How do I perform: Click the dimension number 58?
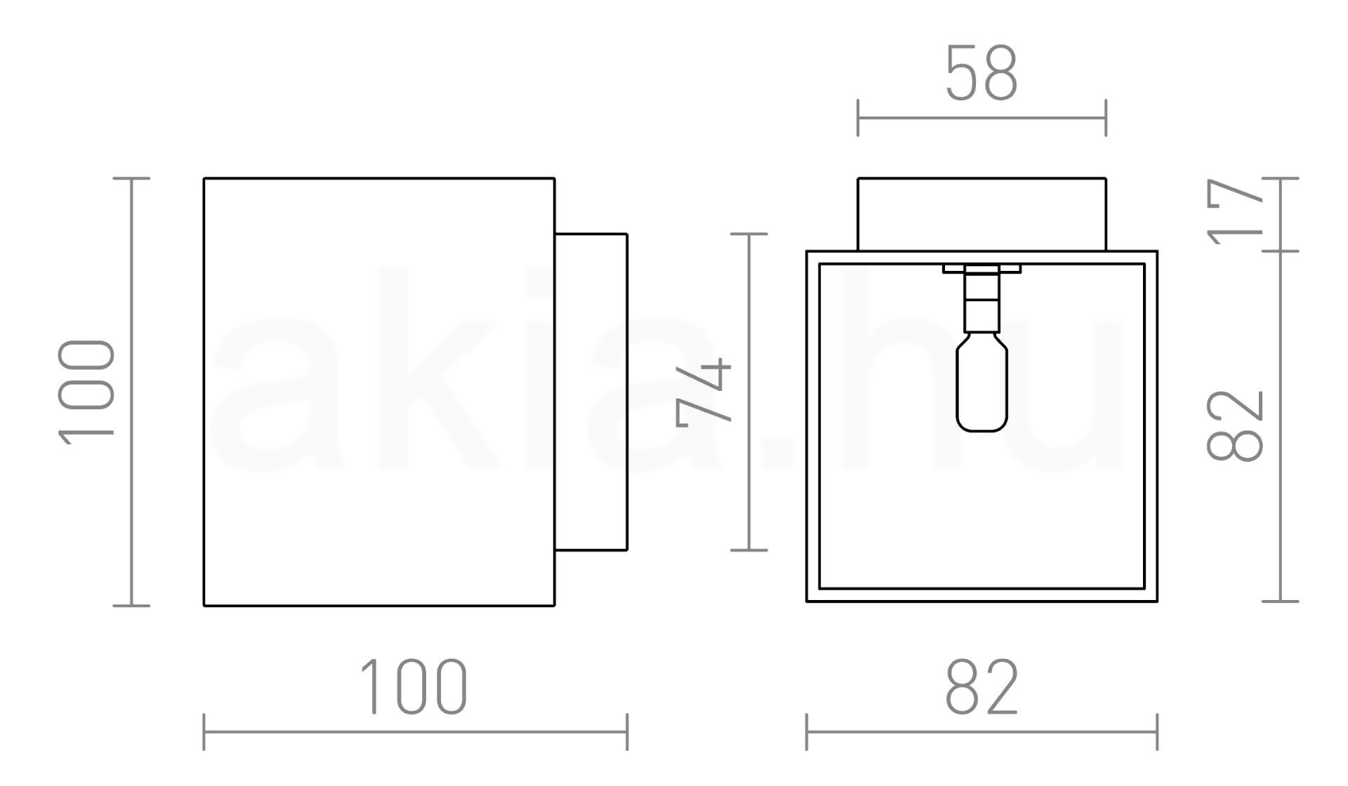[x=982, y=73]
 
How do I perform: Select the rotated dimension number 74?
[x=703, y=392]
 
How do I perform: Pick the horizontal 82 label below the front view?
[x=982, y=687]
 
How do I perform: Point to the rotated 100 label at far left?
[x=86, y=392]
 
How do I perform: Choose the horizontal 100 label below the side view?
[x=414, y=687]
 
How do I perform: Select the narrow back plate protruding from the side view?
[x=591, y=392]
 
